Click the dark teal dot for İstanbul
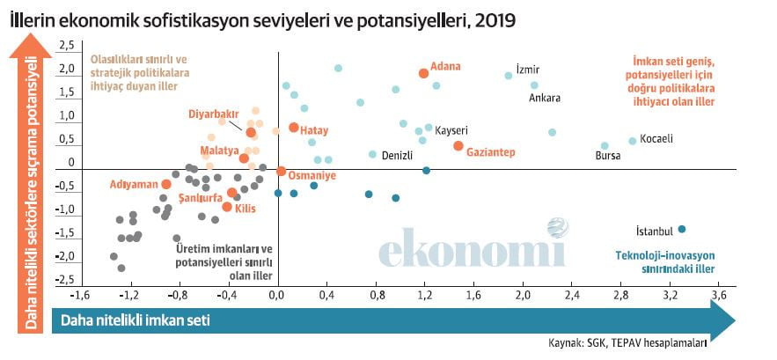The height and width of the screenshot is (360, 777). click(681, 230)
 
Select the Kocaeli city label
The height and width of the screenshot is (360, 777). click(656, 139)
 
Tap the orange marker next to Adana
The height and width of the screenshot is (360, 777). click(423, 74)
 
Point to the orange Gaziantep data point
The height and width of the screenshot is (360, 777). click(458, 145)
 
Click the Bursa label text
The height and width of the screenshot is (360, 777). click(608, 157)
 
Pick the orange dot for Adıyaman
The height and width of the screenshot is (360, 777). click(165, 184)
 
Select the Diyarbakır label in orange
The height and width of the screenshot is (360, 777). click(214, 114)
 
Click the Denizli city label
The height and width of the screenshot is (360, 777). click(403, 156)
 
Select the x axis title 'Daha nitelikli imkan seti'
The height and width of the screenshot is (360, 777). click(136, 320)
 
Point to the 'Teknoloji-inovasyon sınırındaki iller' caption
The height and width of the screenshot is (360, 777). click(664, 262)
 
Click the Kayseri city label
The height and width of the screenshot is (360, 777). click(451, 129)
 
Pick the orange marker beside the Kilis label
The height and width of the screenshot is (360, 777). click(227, 207)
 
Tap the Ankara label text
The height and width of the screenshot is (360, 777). click(545, 98)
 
